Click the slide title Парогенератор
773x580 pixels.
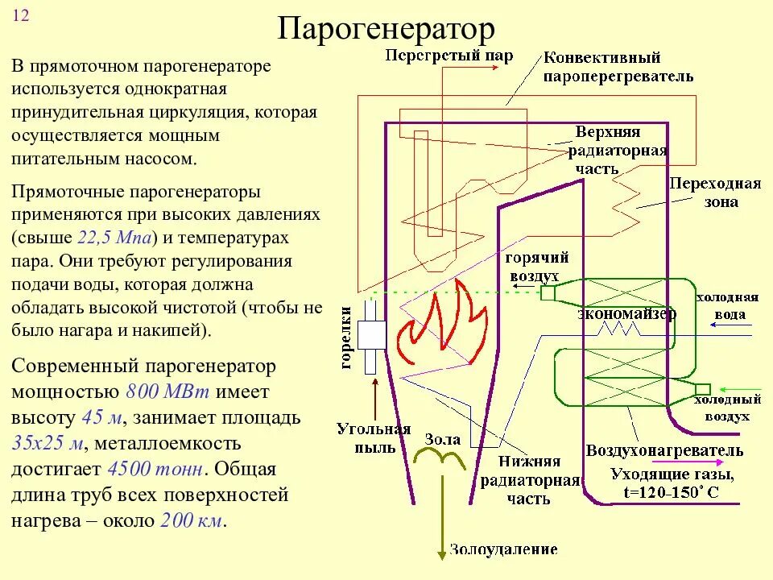386,29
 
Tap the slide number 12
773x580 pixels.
21,18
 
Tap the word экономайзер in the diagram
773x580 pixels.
626,314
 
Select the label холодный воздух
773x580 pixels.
721,408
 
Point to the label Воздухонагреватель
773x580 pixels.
664,450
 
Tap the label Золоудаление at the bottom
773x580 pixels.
503,550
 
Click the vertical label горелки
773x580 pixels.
347,338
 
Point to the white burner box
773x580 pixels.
373,334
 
